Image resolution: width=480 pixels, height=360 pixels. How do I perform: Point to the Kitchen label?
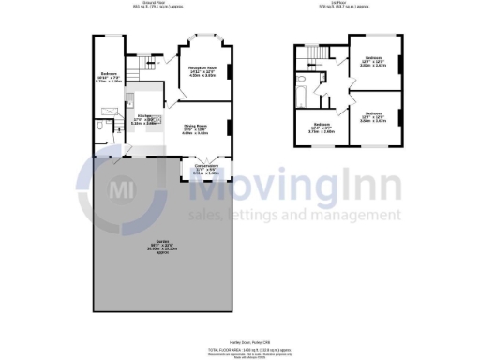(143, 121)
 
